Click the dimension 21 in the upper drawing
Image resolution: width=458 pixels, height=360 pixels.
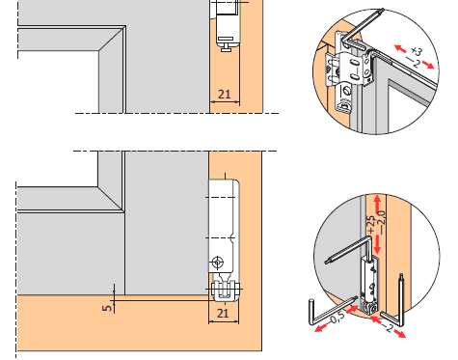point(225,95)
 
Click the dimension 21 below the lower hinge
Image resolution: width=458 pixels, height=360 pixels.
point(223,313)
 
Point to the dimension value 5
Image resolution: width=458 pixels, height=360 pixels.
point(107,308)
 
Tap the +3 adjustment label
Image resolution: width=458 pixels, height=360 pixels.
point(417,51)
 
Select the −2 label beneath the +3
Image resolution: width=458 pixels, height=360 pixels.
point(413,62)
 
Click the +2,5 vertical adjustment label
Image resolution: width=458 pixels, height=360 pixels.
point(370,224)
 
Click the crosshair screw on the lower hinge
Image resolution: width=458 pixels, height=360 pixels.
point(218,263)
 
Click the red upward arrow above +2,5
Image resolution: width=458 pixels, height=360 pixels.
point(378,203)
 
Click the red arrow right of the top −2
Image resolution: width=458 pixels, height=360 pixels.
point(428,65)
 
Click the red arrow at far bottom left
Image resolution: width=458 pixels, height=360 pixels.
point(321,328)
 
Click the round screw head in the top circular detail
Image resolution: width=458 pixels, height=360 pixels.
point(347,92)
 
